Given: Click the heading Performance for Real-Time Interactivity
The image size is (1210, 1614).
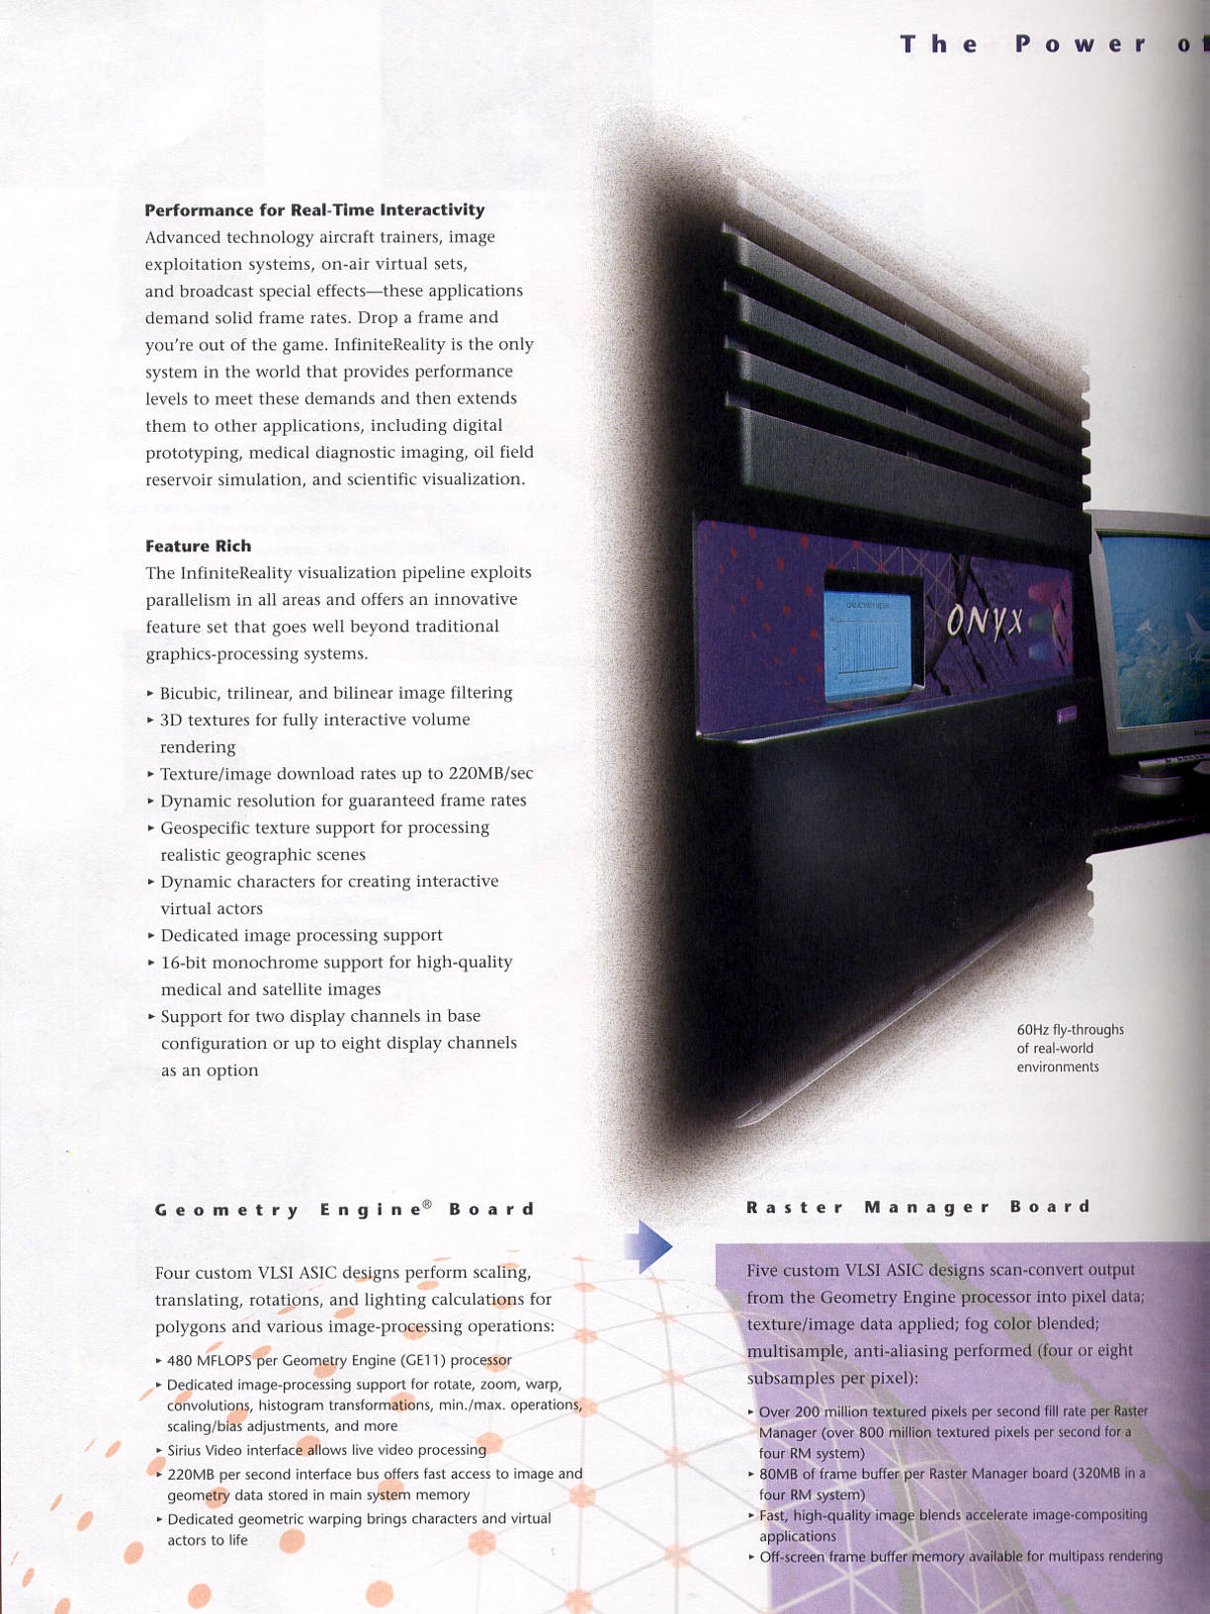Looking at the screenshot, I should click(314, 210).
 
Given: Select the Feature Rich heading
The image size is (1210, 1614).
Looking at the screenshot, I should click(198, 546).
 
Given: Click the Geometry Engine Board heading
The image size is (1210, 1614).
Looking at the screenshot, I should click(344, 1209).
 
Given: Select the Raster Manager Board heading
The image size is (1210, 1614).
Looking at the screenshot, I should click(917, 1207).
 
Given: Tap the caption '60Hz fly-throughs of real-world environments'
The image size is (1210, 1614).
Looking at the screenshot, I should click(1070, 1048).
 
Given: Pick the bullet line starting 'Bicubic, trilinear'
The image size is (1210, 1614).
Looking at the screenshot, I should click(336, 693).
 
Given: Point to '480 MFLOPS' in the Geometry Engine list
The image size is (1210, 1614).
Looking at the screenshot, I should click(210, 1360).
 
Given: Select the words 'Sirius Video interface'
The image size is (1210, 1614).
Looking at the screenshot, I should click(234, 1450).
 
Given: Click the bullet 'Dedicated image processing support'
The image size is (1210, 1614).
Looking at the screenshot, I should click(301, 935).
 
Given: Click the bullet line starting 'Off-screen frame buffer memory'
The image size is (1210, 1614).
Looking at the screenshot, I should click(959, 1557).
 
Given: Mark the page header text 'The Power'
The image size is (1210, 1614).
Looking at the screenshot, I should click(1022, 44).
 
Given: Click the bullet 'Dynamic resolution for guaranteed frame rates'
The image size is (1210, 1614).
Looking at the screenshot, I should click(342, 801).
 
